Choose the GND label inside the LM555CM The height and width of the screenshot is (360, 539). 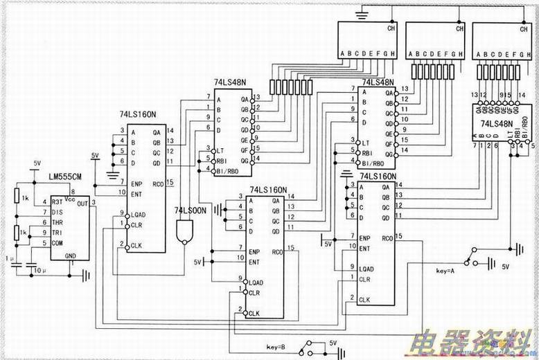tap(71, 255)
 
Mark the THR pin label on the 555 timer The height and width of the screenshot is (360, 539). tap(57, 223)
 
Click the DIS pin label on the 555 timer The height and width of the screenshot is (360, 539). tap(57, 213)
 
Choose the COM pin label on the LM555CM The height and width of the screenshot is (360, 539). tap(57, 243)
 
